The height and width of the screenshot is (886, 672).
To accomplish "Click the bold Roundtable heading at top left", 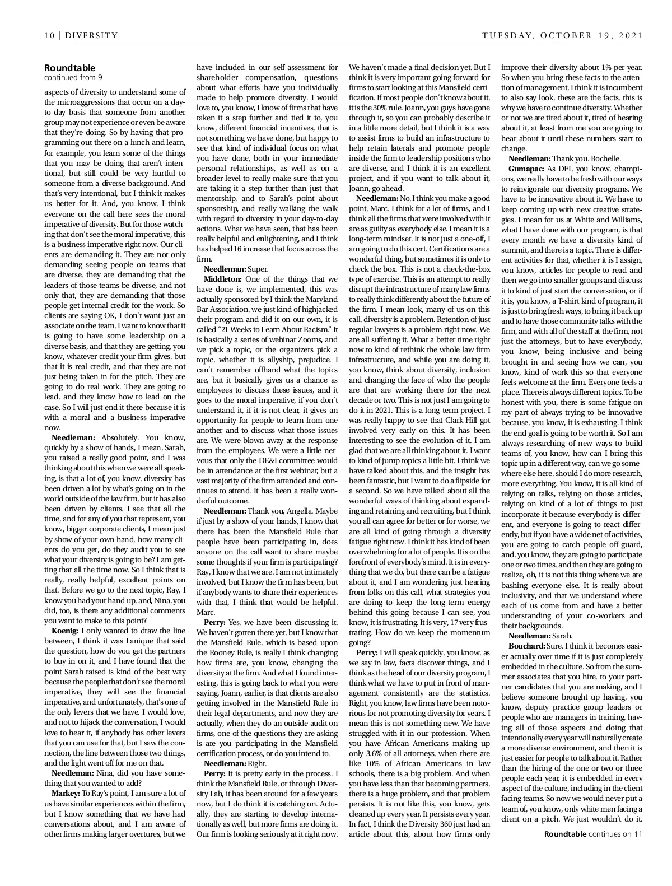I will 69,68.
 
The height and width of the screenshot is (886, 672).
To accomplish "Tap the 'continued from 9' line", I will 73,78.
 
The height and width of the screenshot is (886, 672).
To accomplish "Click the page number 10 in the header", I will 49,35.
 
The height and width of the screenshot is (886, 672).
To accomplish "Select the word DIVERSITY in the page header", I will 92,35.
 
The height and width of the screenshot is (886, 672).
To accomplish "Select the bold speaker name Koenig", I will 65,631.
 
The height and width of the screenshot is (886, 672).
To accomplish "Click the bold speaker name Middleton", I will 223,279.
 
